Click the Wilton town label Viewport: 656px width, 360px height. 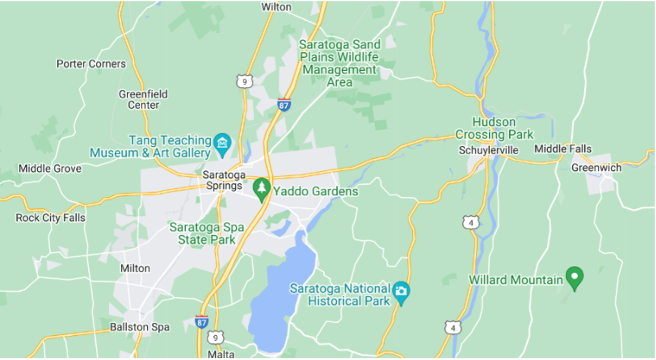click(276, 7)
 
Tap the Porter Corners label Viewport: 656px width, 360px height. click(91, 64)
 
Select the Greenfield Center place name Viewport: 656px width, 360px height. click(143, 100)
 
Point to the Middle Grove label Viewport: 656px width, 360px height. click(50, 168)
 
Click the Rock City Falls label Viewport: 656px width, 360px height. click(50, 217)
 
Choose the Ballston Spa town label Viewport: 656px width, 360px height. click(139, 327)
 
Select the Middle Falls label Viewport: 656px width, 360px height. click(562, 149)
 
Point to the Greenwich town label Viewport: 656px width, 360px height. click(596, 167)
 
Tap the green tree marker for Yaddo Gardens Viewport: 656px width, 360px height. click(261, 188)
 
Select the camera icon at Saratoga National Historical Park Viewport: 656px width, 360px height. click(401, 291)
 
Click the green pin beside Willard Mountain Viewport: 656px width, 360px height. click(574, 277)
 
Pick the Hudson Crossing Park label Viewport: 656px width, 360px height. click(494, 128)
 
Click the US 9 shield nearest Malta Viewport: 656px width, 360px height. click(215, 338)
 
